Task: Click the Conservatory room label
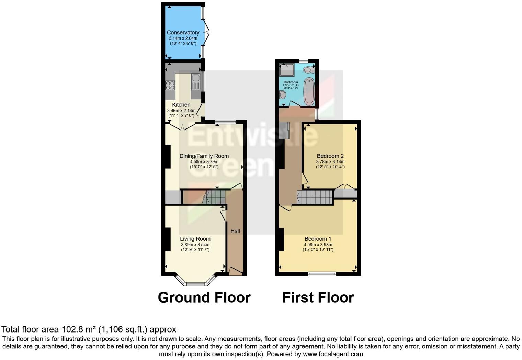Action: [183, 33]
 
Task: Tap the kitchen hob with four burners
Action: [170, 85]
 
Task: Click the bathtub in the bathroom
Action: [309, 91]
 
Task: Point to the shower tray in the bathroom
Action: [286, 70]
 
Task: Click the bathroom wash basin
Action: [283, 94]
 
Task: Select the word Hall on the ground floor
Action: [235, 231]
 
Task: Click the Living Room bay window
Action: [195, 284]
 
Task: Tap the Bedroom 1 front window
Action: [322, 274]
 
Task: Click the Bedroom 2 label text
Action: [330, 156]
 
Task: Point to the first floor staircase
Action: [315, 198]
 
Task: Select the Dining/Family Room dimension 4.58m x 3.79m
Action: [204, 161]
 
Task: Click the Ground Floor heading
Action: [204, 297]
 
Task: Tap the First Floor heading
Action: [318, 297]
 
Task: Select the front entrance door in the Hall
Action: [236, 271]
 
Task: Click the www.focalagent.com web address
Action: [333, 354]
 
